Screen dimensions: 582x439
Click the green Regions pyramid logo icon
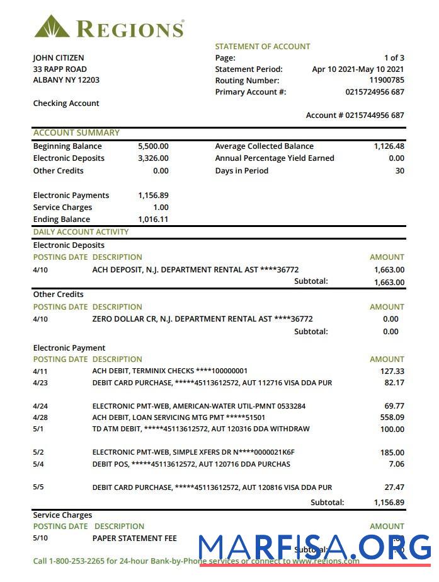[x=53, y=26]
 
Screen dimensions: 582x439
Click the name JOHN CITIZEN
[x=58, y=58]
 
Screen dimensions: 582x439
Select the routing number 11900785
[x=386, y=81]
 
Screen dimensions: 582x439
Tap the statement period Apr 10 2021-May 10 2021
[x=358, y=69]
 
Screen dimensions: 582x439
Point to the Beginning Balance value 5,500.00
[x=153, y=146]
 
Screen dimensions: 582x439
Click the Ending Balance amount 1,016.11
[x=153, y=219]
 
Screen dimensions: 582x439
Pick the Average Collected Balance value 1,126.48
[x=389, y=146]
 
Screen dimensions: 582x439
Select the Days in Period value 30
[x=399, y=171]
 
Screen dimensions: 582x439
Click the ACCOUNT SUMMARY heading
[x=76, y=133]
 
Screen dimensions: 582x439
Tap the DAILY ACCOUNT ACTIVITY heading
[x=81, y=232]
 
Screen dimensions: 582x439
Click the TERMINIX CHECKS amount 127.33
[x=392, y=371]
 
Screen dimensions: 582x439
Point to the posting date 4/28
[x=40, y=417]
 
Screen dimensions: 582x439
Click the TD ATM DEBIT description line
[x=201, y=429]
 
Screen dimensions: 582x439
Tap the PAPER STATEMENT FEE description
[x=134, y=538]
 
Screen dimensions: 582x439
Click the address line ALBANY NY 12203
[x=66, y=80]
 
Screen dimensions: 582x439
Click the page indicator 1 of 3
[x=394, y=58]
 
